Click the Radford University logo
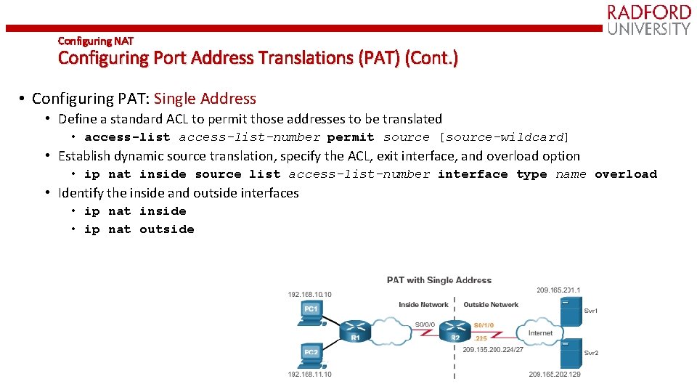click(648, 20)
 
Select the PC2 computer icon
click(311, 354)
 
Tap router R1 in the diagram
click(355, 330)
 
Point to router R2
click(455, 331)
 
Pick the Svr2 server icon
click(574, 354)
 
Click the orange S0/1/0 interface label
click(484, 325)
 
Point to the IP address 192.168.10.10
click(310, 294)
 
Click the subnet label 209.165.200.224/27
click(493, 349)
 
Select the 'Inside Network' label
click(424, 305)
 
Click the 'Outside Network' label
click(491, 305)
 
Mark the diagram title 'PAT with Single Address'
click(439, 280)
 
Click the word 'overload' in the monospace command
click(626, 174)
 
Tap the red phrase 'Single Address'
click(205, 99)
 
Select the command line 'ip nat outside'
click(139, 229)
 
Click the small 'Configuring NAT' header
click(95, 41)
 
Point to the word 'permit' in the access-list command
click(351, 137)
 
